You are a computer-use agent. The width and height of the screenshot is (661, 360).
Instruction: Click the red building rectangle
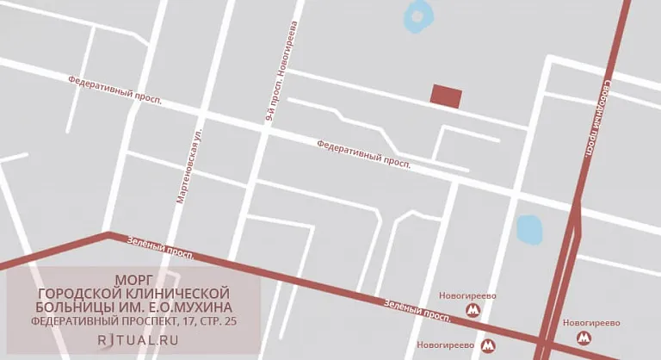click(x=446, y=96)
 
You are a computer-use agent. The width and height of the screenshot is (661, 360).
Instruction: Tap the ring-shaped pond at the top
click(x=418, y=15)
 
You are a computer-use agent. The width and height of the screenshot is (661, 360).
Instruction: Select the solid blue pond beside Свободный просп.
click(x=528, y=229)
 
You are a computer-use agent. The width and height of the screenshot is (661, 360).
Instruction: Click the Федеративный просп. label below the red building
click(x=363, y=153)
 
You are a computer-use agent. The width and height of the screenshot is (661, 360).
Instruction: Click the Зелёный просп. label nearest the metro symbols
click(x=417, y=310)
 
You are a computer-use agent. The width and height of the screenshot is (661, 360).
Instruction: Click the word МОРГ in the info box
click(x=133, y=281)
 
